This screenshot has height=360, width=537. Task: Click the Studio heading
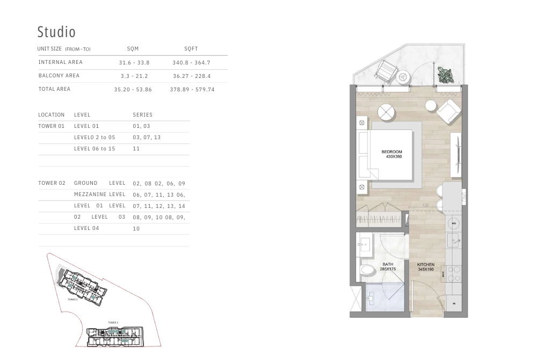tap(56, 32)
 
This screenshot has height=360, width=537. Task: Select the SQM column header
tap(133, 49)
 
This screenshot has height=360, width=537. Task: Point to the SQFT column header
tap(191, 49)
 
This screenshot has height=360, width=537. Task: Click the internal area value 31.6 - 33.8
tap(134, 62)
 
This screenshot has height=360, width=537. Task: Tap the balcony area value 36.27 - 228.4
tap(192, 76)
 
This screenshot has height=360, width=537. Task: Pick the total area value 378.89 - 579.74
tap(192, 89)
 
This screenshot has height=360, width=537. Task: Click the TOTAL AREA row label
tap(54, 89)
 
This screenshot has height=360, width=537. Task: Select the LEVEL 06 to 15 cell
tap(95, 149)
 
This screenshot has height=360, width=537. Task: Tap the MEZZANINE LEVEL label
tap(99, 195)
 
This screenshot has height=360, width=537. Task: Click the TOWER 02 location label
tap(52, 183)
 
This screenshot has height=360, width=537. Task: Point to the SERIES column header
tap(142, 115)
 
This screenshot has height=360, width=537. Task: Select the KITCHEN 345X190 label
tap(426, 267)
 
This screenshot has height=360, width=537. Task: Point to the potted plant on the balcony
tap(444, 74)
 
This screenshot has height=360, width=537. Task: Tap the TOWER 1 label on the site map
tap(72, 299)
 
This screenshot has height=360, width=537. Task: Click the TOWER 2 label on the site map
tap(113, 322)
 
